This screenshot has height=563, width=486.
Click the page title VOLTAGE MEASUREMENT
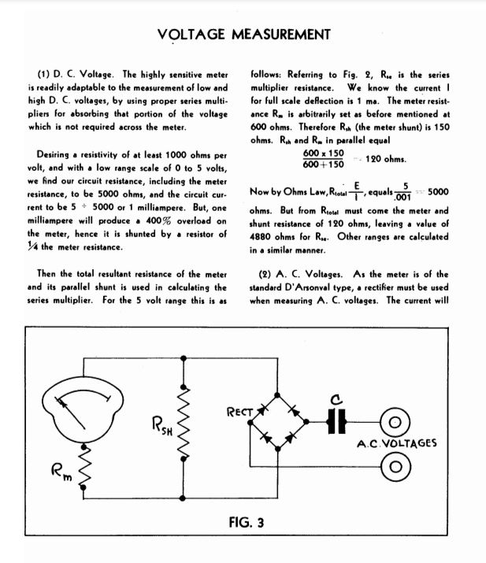pyautogui.click(x=243, y=34)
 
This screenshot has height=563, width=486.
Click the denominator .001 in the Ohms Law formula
pyautogui.click(x=403, y=198)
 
